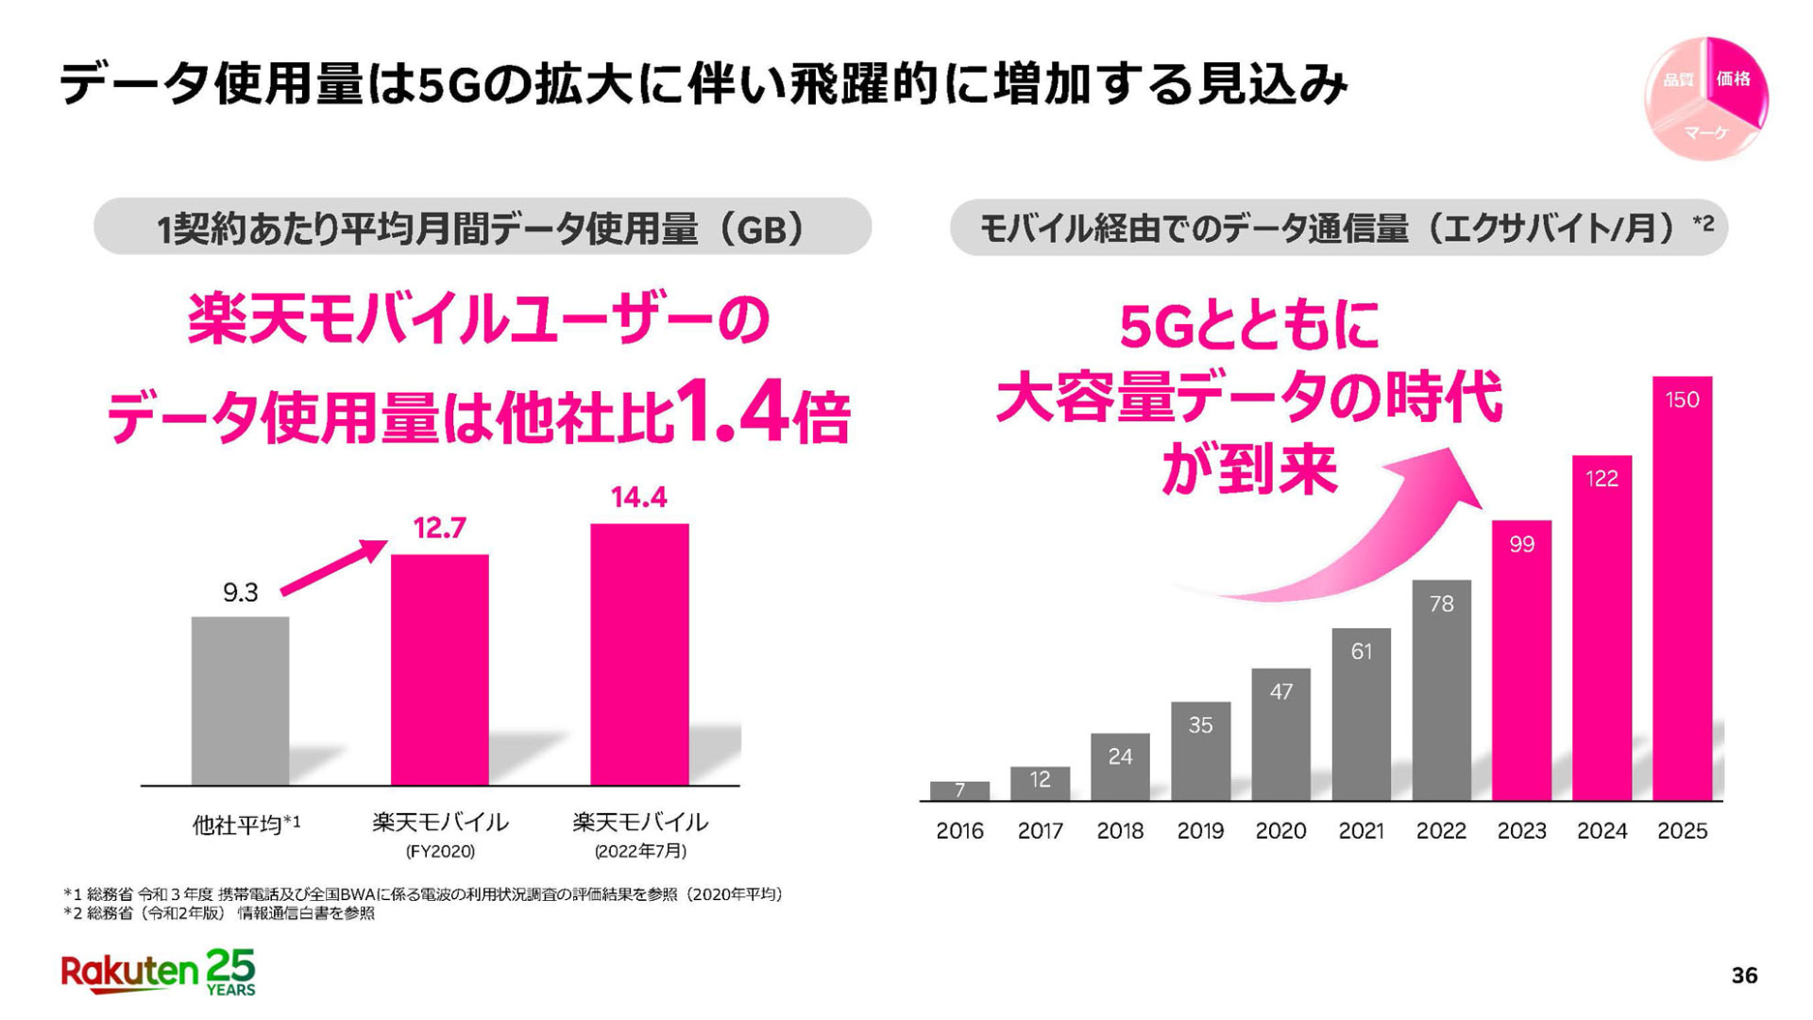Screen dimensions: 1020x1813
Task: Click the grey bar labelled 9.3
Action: point(240,700)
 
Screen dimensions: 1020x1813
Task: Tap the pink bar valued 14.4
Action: point(639,654)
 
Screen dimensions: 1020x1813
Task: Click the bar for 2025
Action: point(1682,587)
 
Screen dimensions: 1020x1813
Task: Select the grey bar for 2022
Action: point(1441,689)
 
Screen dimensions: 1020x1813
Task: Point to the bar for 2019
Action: point(1200,751)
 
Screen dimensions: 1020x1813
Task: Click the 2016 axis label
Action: point(959,831)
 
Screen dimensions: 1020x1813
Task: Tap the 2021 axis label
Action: point(1361,831)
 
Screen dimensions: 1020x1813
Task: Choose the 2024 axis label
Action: point(1601,831)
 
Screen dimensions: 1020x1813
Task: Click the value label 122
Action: point(1601,479)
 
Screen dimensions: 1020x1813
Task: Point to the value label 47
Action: point(1280,691)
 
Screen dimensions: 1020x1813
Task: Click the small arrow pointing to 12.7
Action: point(335,567)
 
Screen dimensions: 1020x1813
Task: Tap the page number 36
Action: point(1744,976)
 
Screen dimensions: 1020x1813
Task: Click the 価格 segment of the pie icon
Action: point(1734,79)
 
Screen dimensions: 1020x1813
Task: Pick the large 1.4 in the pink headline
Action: point(733,412)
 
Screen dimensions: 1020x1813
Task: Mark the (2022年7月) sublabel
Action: point(639,851)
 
